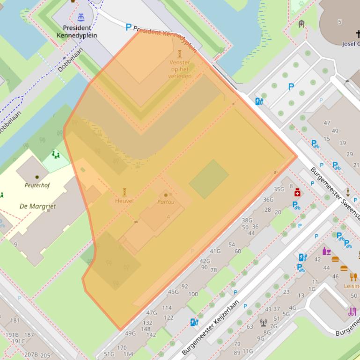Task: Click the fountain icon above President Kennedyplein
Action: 81,17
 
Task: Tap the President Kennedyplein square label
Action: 77,31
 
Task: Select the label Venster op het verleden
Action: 180,69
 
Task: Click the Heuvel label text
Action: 124,201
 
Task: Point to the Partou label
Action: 166,202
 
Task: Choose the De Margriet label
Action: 37,206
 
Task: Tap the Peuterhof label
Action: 37,185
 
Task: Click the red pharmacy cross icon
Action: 297,193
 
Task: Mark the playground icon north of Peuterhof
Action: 56,154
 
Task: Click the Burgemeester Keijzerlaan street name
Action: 211,327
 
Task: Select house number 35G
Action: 279,189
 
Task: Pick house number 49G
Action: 130,333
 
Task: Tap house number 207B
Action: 31,355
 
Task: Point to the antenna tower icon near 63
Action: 263,322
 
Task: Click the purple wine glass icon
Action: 326,251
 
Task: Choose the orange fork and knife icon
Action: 353,277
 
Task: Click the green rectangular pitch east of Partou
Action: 209,179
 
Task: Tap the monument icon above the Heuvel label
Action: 125,192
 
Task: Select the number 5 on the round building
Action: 339,22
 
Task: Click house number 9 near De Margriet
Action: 15,244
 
